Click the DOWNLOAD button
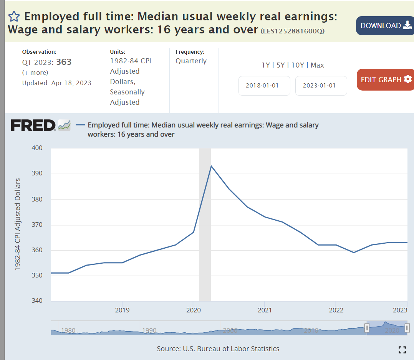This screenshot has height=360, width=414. point(385,26)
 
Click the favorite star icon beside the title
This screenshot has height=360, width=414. point(14,17)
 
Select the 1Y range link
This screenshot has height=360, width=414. point(266,65)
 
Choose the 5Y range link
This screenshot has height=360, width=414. point(281,65)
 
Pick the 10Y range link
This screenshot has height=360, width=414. point(298,65)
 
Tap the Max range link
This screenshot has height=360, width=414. point(317,65)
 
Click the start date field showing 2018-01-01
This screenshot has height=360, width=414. point(264,86)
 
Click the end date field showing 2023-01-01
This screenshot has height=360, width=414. point(321,86)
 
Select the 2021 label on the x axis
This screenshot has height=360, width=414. point(265,310)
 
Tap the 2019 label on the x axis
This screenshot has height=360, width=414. point(122,310)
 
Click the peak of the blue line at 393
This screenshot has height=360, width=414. point(211,166)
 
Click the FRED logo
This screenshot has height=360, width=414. point(34,125)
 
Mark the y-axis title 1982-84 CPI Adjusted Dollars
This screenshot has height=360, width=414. point(18,225)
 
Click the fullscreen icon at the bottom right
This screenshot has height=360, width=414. point(402,349)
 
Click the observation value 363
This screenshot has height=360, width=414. point(64,62)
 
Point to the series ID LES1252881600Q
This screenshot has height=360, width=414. point(292,31)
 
